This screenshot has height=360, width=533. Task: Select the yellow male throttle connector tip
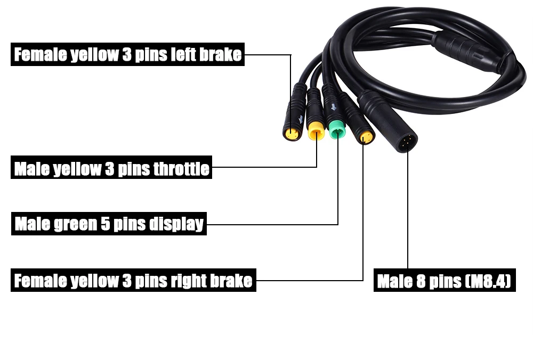click(x=316, y=130)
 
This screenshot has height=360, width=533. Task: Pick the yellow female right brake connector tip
click(x=366, y=137)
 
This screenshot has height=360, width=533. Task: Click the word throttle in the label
click(x=181, y=169)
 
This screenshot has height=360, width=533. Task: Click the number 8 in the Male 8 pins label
click(x=421, y=281)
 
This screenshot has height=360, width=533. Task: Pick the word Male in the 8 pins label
click(x=395, y=281)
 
